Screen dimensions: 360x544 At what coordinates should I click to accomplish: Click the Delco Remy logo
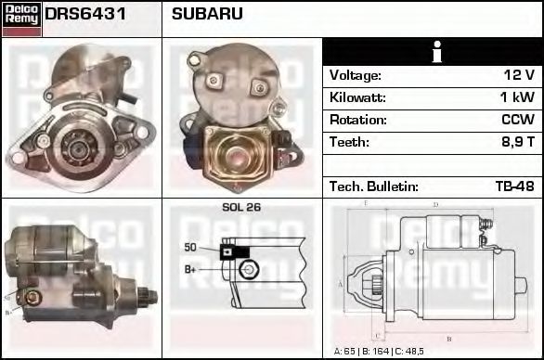click(20, 18)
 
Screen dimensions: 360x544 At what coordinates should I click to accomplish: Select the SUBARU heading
click(207, 14)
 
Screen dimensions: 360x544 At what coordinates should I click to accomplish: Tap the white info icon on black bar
click(433, 53)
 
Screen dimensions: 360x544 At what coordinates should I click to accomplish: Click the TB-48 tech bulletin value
click(514, 186)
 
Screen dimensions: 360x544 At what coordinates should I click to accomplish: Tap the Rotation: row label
click(357, 120)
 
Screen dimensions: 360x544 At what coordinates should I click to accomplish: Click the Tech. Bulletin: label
click(373, 186)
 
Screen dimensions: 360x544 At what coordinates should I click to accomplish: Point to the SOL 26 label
click(241, 207)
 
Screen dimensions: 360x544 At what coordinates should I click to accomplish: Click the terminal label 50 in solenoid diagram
click(190, 248)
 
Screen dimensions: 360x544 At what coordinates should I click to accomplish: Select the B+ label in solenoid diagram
click(189, 270)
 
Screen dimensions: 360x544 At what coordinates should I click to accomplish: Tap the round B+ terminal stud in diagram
click(247, 270)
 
